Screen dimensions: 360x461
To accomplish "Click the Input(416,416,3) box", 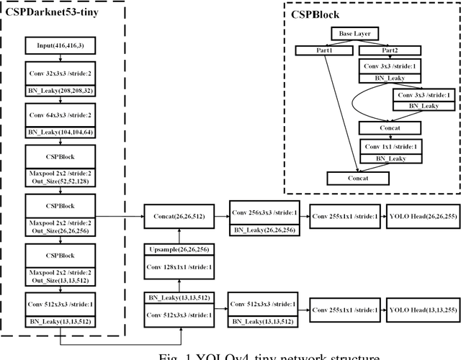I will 60,47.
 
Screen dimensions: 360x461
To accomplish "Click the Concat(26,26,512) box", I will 179,215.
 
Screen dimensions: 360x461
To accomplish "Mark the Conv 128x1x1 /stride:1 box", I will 179,267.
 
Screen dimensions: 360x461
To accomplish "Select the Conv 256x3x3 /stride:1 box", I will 262,215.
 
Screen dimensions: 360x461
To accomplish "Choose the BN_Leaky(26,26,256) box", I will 262,229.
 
